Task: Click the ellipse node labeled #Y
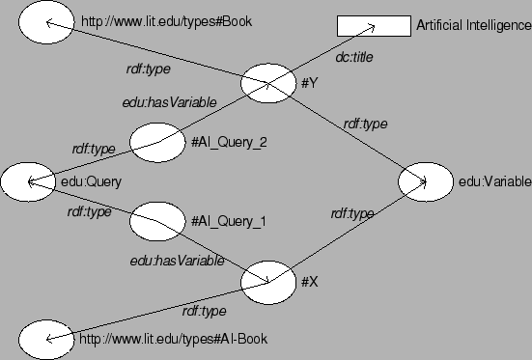tap(267, 83)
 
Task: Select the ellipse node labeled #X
tap(267, 281)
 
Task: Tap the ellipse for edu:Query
tap(28, 181)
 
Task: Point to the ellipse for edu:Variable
tap(426, 180)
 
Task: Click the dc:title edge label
tap(354, 59)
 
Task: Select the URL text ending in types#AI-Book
tap(173, 339)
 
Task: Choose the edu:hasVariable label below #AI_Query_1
tap(178, 261)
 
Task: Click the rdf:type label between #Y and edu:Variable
tap(365, 124)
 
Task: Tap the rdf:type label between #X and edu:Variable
tap(351, 213)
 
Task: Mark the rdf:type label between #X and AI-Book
tap(204, 311)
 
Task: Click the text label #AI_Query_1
tap(229, 221)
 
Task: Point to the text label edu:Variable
tap(490, 180)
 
